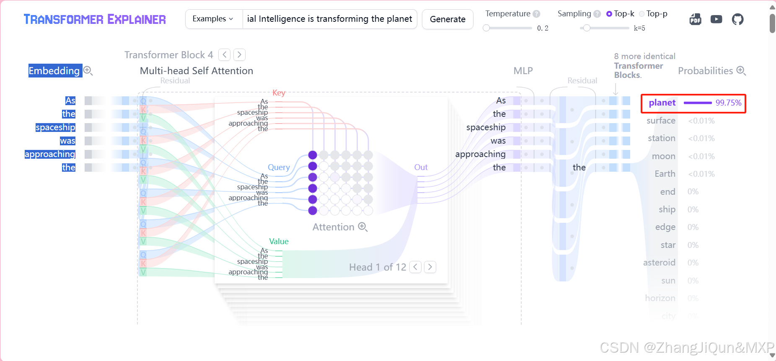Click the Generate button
(447, 19)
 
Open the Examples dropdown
(213, 19)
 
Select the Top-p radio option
(642, 14)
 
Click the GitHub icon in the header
(737, 19)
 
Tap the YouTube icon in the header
(717, 19)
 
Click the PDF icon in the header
(696, 19)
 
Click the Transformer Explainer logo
(95, 19)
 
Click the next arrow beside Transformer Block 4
(239, 54)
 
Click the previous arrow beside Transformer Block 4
(225, 54)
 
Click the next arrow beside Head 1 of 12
(430, 267)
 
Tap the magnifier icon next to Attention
(363, 227)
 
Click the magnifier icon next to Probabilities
(741, 71)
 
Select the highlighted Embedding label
(54, 71)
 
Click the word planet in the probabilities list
(662, 103)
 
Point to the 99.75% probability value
(728, 103)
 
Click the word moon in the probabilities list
(664, 156)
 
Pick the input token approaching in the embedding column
(50, 154)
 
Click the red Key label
(279, 93)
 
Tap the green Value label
(279, 241)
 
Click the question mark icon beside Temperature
(536, 14)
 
